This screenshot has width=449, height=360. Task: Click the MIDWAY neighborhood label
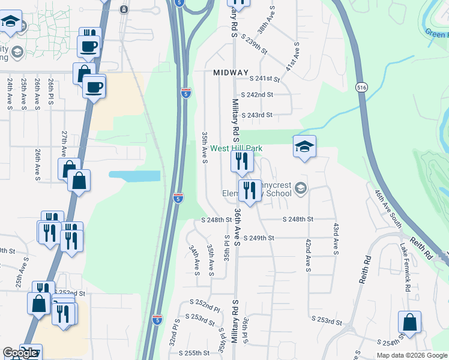click(231, 73)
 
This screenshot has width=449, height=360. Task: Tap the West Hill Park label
click(236, 148)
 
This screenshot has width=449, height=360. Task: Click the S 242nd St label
click(257, 95)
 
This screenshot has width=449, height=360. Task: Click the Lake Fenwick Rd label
click(406, 267)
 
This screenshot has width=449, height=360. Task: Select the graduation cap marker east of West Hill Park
click(304, 146)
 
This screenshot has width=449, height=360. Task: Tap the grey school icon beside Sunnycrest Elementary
click(301, 190)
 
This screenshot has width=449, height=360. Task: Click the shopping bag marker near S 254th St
click(409, 323)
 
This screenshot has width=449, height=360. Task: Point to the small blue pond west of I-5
click(134, 176)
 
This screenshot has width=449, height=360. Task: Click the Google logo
click(19, 353)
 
